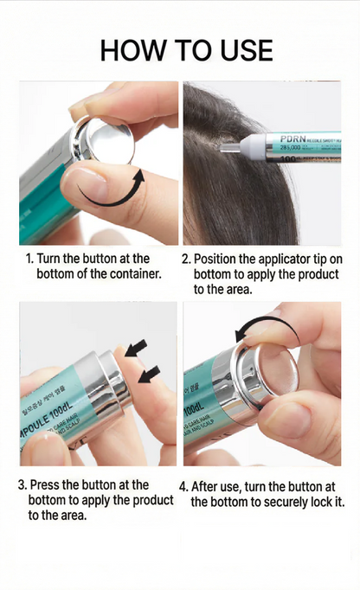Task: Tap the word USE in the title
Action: tap(241, 49)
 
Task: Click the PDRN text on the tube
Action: tap(295, 137)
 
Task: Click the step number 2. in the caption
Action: tap(185, 259)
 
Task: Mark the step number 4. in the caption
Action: tap(184, 486)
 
